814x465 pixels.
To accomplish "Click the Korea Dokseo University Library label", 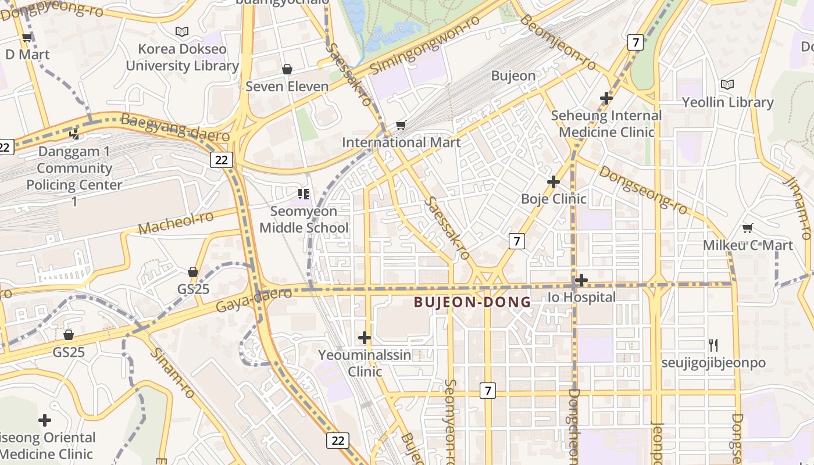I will (182, 57).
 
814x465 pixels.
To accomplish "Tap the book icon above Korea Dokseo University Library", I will (182, 31).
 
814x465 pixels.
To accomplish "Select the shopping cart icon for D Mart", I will (27, 38).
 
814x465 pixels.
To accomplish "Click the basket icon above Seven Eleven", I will (287, 70).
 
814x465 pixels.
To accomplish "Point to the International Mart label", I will (401, 142).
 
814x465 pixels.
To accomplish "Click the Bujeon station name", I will (513, 76).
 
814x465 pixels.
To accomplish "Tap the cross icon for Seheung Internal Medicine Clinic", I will (606, 98).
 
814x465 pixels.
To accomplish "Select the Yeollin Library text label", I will (727, 102).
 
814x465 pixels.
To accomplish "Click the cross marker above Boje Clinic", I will (554, 182).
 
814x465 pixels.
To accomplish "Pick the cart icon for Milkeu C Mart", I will (748, 228).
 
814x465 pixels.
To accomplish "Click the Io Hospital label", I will (581, 297).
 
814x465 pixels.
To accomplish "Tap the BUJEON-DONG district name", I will (472, 302).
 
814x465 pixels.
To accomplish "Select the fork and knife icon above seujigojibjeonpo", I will (713, 345).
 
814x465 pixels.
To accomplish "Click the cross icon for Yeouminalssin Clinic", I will (365, 338).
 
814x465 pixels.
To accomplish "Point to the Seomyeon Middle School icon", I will (303, 194).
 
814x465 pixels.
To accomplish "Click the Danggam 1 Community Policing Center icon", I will (74, 134).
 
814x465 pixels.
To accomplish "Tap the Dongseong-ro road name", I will (642, 190).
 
